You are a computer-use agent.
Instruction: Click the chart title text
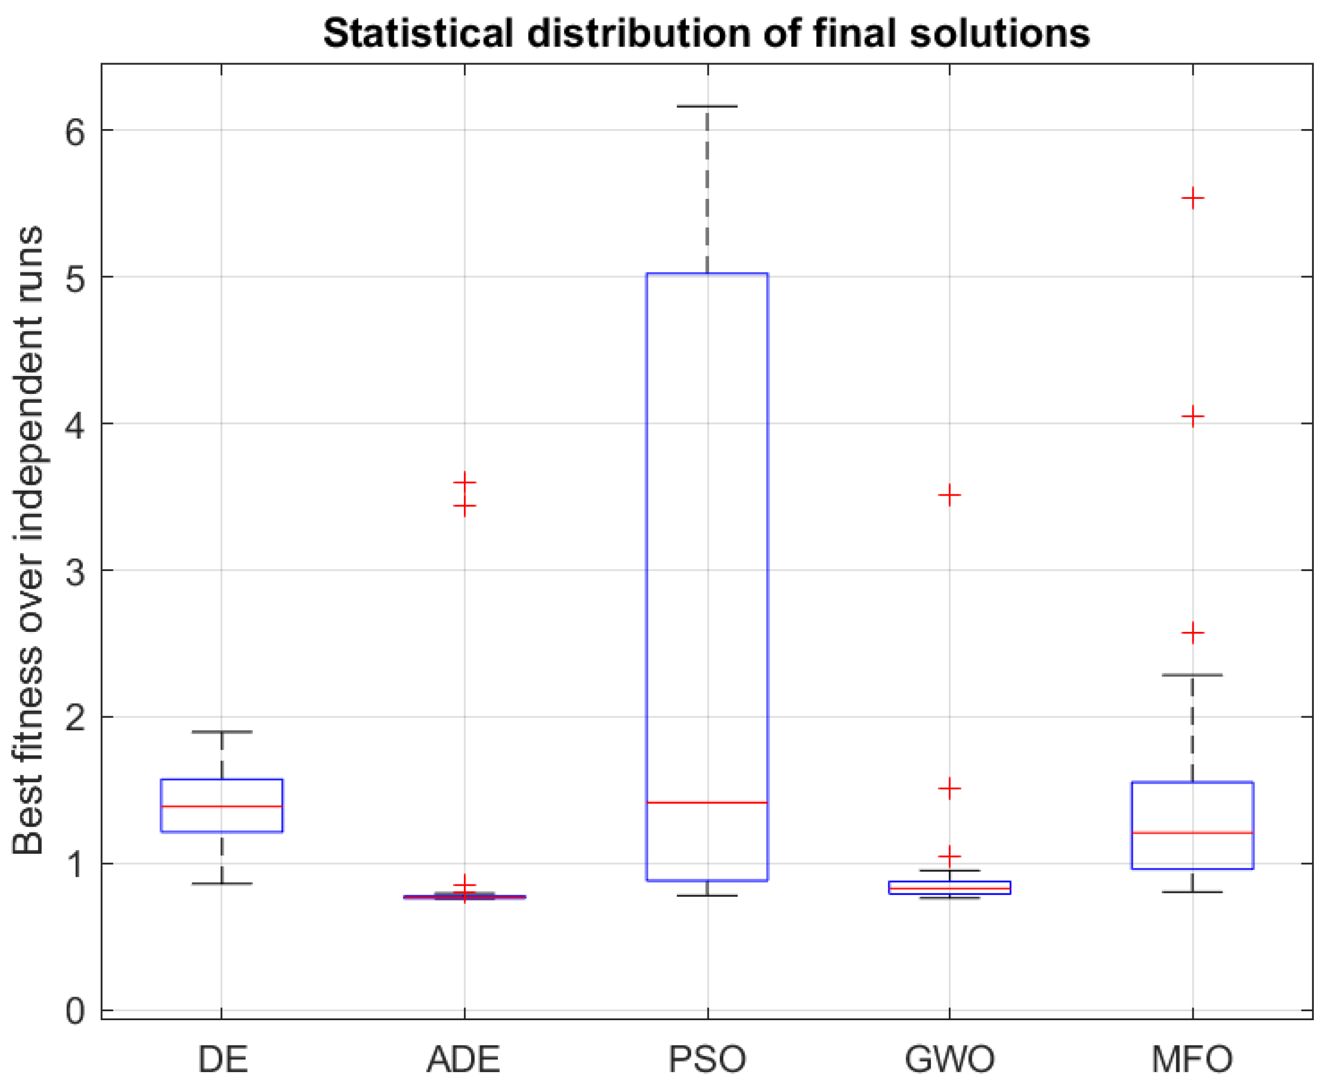pyautogui.click(x=706, y=33)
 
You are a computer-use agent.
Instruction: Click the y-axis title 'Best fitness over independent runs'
pyautogui.click(x=28, y=540)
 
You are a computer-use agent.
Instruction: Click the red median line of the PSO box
pyautogui.click(x=707, y=802)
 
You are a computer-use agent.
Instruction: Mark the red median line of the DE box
pyautogui.click(x=222, y=806)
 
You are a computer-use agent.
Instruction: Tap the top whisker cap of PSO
pyautogui.click(x=707, y=106)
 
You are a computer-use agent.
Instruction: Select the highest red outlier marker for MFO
pyautogui.click(x=1193, y=199)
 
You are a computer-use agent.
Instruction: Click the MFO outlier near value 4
pyautogui.click(x=1193, y=416)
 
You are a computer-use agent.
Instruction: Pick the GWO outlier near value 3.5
pyautogui.click(x=949, y=495)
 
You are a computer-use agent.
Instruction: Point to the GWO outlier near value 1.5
pyautogui.click(x=949, y=788)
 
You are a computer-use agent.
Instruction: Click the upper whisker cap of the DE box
pyautogui.click(x=222, y=731)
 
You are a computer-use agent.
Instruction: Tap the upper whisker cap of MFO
pyautogui.click(x=1193, y=675)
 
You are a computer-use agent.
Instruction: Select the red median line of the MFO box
pyautogui.click(x=1193, y=832)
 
